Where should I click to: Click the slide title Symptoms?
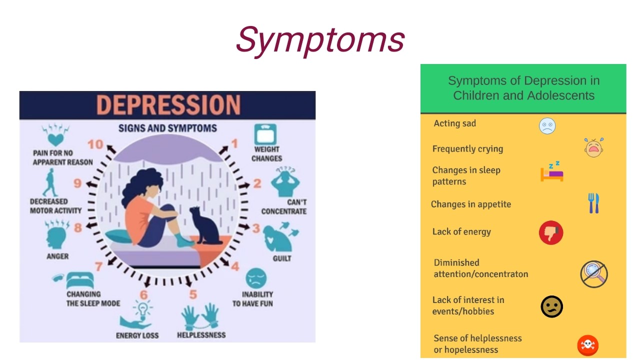pos(320,39)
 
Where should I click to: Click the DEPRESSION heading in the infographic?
pos(168,105)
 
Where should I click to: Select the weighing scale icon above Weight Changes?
pos(265,134)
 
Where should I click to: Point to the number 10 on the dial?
pos(94,144)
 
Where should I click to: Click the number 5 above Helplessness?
pos(193,294)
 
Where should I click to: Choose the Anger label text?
pos(57,256)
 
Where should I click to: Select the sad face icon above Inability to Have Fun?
pos(255,278)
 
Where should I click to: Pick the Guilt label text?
pos(281,258)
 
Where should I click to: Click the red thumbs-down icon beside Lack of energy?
pos(551,232)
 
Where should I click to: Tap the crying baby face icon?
pos(593,147)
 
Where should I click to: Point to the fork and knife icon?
pos(593,203)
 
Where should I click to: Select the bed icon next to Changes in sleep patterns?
pos(552,172)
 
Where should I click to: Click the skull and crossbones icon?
pos(587,345)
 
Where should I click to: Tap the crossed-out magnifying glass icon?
pos(593,273)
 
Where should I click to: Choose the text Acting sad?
pos(454,123)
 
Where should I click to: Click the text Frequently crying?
pos(467,149)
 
